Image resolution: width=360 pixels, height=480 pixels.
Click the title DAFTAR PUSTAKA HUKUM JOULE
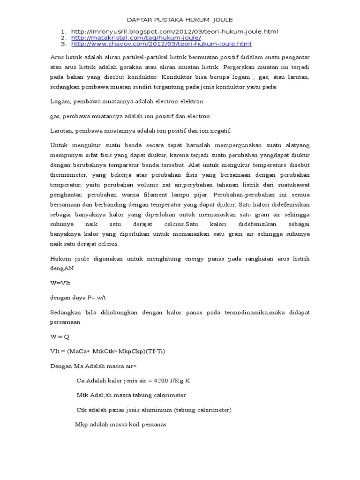tap(180, 20)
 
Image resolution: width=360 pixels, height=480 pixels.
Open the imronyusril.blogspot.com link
tap(174, 31)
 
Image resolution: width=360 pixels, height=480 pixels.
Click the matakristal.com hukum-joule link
tap(136, 37)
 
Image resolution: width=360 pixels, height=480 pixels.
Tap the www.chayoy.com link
tap(161, 44)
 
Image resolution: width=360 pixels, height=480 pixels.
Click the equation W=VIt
tap(60, 284)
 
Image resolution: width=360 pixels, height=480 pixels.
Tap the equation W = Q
tap(60, 337)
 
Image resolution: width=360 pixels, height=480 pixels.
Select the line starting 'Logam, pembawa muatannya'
tap(127, 101)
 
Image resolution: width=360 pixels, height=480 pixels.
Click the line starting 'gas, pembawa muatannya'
tap(130, 116)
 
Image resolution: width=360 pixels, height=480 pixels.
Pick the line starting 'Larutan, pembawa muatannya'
tap(140, 130)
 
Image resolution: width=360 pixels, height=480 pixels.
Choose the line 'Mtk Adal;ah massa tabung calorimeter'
tap(131, 395)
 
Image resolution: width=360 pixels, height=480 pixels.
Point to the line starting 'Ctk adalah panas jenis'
tap(154, 410)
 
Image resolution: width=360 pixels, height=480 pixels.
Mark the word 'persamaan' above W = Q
tap(65, 322)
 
